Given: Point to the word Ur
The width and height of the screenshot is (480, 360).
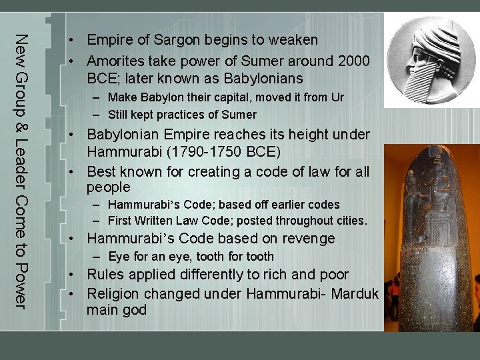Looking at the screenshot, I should coord(337,97).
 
